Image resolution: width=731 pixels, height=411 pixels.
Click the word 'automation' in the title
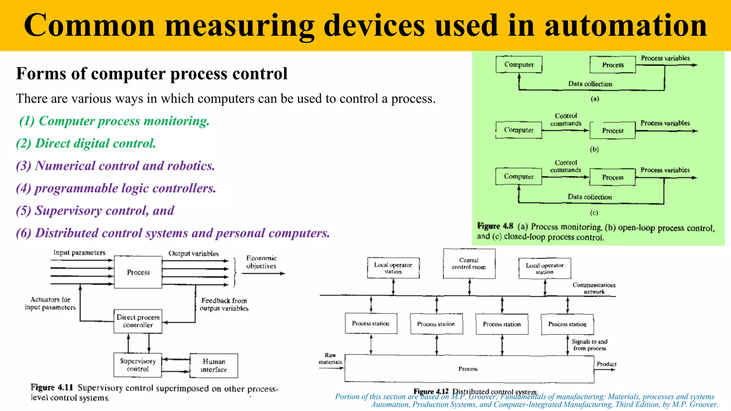(x=625, y=26)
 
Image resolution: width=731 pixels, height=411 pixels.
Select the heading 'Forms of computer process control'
(x=152, y=74)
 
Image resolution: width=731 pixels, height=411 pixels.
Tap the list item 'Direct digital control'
(x=86, y=143)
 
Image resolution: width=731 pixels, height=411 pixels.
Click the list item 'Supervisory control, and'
(x=95, y=210)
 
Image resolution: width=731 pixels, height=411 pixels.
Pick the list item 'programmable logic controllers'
(x=116, y=188)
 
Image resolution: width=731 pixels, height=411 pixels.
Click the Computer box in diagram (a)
(x=519, y=65)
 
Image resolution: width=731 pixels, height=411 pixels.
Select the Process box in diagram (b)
(x=612, y=131)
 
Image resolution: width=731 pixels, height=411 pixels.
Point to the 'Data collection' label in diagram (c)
(x=589, y=197)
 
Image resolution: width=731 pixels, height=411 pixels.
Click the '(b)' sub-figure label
(x=594, y=149)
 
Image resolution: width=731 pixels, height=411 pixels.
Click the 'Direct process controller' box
(x=138, y=321)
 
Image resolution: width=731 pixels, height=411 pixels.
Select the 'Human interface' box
(x=214, y=366)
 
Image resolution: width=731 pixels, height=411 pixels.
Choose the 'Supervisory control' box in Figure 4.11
(x=138, y=365)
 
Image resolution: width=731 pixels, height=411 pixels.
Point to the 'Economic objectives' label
(x=261, y=262)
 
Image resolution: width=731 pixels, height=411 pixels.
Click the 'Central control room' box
(x=469, y=264)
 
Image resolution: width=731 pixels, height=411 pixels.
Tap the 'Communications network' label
(x=594, y=288)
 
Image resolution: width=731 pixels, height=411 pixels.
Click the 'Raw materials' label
(x=330, y=359)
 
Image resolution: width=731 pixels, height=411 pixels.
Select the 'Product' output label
(x=606, y=364)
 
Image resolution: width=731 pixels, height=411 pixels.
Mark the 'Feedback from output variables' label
(x=224, y=304)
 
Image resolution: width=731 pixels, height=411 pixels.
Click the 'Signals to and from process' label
(x=589, y=345)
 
